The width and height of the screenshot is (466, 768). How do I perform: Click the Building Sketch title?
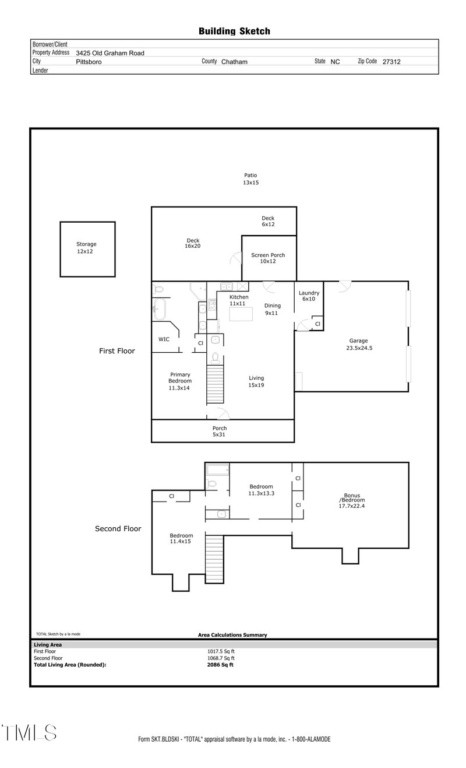234,31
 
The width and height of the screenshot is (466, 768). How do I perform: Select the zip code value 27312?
391,61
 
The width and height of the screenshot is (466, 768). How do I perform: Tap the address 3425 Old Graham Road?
110,52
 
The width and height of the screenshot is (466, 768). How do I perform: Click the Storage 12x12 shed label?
87,248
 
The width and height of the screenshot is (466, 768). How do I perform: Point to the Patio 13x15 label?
250,179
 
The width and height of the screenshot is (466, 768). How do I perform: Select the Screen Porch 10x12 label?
268,258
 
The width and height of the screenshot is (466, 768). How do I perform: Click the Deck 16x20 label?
193,243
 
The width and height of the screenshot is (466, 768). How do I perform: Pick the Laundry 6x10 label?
308,296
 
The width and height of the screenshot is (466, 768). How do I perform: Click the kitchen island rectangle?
242,314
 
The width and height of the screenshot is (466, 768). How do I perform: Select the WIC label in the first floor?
164,339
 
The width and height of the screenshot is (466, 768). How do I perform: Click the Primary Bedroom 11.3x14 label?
180,381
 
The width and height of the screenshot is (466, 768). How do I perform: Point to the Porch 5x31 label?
220,432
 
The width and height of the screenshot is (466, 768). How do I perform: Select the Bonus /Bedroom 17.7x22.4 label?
352,500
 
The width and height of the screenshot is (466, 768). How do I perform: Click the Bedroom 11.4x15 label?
181,538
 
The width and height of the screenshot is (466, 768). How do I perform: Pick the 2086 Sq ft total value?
220,664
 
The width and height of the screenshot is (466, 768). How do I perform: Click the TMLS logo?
29,733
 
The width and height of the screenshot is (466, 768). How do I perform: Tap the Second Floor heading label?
118,529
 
